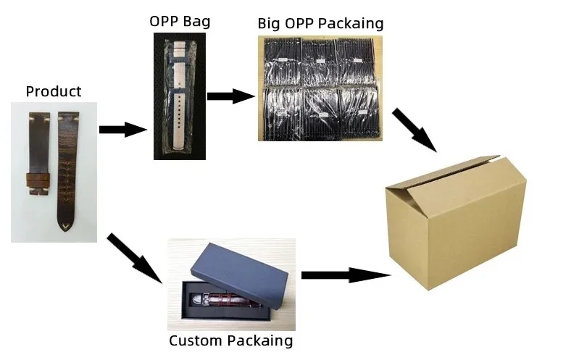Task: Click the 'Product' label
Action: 53,91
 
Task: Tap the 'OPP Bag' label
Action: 179,20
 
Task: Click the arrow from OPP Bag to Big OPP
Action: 230,96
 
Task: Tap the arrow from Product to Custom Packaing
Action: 134,257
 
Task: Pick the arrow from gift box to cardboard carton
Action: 343,275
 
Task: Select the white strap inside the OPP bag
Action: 180,94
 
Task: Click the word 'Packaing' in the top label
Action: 352,23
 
